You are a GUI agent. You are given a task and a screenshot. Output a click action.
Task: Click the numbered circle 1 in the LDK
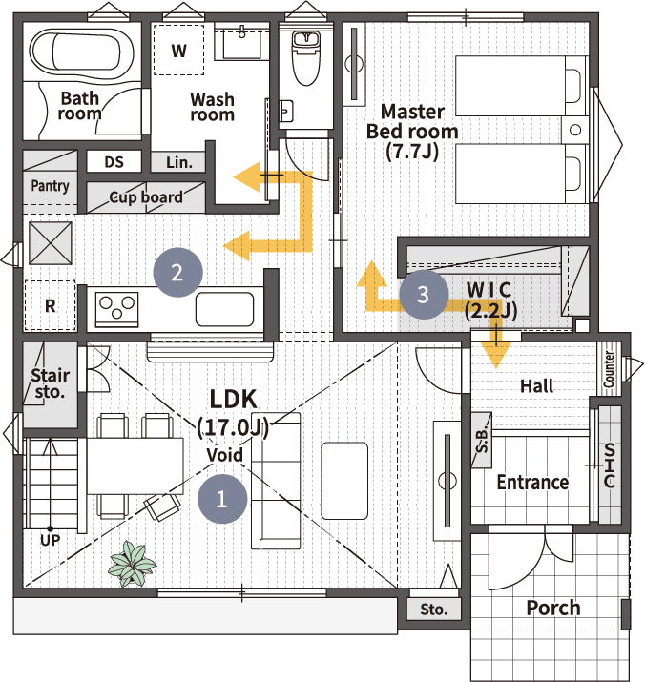[222, 499]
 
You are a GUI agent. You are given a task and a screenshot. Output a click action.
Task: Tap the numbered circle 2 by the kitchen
[177, 273]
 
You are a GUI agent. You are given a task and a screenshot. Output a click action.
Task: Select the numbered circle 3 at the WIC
[424, 294]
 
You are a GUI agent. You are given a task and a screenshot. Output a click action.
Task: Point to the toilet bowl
[306, 58]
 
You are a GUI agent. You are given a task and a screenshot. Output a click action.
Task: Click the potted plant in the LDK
[132, 564]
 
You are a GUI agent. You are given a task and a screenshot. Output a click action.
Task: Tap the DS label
[114, 162]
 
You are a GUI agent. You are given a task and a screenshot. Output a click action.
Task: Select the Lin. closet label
[178, 163]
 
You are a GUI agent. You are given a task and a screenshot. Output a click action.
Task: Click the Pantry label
[50, 186]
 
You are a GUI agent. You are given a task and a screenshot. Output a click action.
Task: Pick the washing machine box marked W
[178, 50]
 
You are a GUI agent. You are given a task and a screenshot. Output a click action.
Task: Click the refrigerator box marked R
[50, 305]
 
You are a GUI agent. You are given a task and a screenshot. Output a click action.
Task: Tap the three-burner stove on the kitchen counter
[116, 309]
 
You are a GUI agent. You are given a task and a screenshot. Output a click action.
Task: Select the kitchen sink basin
[224, 309]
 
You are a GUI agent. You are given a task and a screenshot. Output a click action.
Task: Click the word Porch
[553, 608]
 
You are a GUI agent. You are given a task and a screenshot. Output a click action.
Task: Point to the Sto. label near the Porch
[434, 610]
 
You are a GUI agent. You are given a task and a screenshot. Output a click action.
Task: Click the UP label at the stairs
[50, 540]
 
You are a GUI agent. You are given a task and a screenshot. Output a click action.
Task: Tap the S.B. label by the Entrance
[482, 440]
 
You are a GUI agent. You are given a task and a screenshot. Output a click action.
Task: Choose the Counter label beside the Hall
[609, 370]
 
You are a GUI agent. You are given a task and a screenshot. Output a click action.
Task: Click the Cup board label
[146, 197]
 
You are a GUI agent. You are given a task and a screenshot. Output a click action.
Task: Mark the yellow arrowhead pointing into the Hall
[496, 356]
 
